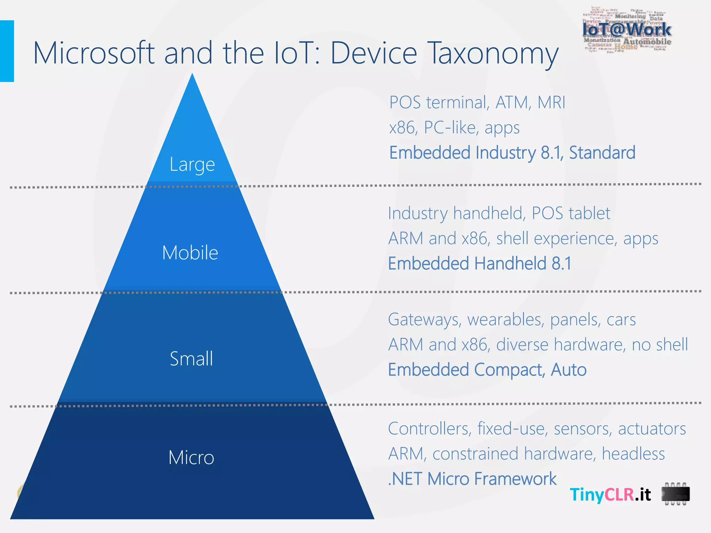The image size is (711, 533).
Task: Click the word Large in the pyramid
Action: pos(192,164)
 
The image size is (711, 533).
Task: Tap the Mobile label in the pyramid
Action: pos(190,253)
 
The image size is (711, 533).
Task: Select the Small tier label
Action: pos(191,358)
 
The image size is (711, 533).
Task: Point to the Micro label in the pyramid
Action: pos(191,457)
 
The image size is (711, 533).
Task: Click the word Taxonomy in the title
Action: pos(493,54)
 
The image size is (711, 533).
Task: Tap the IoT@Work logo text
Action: pos(627,29)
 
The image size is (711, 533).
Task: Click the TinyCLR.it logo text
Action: pos(610,494)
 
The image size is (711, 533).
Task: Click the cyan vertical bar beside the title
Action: pos(7,51)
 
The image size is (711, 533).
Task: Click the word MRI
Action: pos(551,103)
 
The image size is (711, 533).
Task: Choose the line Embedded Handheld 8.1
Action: pos(479,263)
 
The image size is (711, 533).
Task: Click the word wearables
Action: pos(506,320)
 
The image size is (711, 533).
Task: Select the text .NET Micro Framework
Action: pos(472,479)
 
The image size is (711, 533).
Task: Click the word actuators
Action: pos(652,429)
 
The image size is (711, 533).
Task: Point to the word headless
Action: pos(633,454)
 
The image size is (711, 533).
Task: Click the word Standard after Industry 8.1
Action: pos(602,153)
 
